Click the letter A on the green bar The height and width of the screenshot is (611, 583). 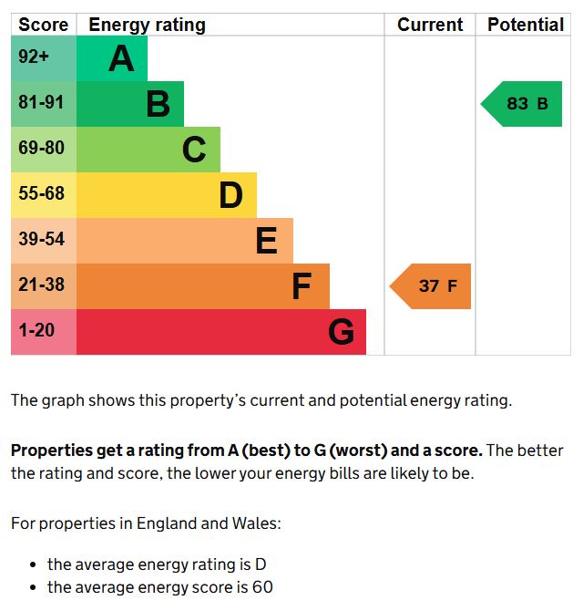pos(121,59)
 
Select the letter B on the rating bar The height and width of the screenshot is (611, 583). pos(158,105)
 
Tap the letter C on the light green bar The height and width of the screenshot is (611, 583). pos(194,150)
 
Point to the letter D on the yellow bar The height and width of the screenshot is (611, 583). pos(230,195)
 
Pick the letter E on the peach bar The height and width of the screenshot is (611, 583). pos(266,241)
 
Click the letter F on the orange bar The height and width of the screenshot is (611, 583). pos(302,286)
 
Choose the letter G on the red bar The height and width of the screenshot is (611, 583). pos(341,332)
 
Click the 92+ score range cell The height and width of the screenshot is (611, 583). pos(34,57)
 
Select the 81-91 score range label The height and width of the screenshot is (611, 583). pos(42,103)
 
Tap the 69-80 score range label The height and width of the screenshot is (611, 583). pos(42,148)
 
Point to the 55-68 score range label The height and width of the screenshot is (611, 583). pos(42,193)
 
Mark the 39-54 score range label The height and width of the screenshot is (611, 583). pos(42,239)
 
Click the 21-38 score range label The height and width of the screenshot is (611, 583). pos(42,285)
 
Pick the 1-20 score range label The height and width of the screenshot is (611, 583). pos(37,330)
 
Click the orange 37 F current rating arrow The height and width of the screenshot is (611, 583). pos(433,286)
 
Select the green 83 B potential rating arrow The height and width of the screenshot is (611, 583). pos(524,104)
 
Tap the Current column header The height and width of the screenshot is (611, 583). pos(430,25)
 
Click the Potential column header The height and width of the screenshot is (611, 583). pos(526,25)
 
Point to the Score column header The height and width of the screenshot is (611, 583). pos(43,25)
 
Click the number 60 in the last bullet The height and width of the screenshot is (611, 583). pos(262,587)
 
